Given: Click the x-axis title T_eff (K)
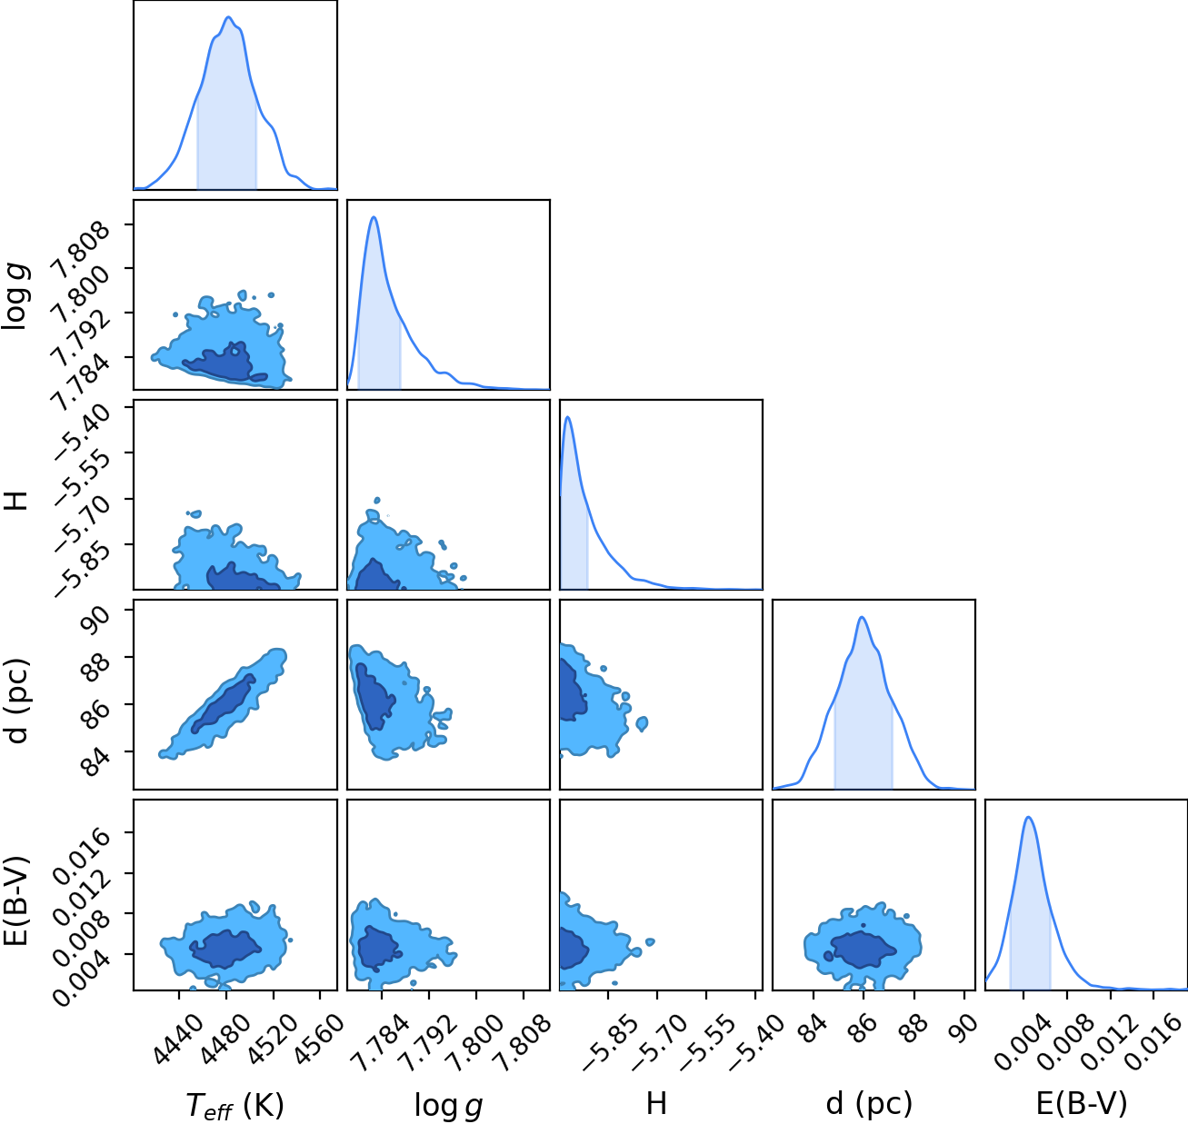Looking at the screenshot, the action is (235, 1104).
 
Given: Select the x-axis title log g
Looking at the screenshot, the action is (448, 1106).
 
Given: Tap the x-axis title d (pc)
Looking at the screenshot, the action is (869, 1104).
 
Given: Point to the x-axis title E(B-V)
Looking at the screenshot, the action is (1082, 1103).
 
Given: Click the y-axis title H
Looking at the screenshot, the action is (16, 499).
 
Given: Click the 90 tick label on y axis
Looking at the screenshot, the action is (97, 619).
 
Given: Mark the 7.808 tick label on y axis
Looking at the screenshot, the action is (82, 252).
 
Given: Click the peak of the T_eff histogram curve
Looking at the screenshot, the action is (228, 17).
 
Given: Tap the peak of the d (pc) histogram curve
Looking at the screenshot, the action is (862, 617).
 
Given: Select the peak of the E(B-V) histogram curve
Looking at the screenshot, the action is (1028, 817).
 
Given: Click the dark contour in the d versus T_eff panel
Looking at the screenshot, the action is (224, 703).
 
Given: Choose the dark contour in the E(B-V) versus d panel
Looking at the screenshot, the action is (860, 949).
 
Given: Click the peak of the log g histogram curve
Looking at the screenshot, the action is (374, 216).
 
